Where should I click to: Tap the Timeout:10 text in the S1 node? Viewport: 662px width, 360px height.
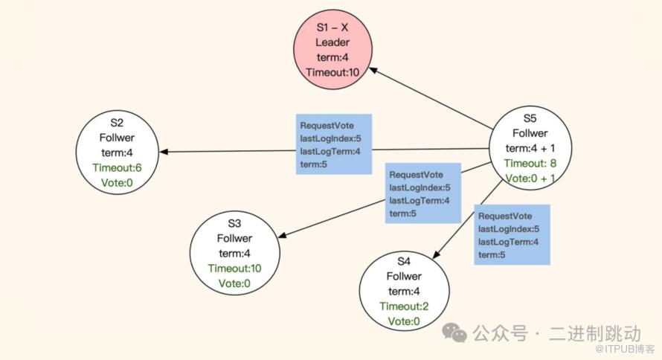tap(332, 71)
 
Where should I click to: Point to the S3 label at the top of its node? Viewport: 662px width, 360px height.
tap(234, 223)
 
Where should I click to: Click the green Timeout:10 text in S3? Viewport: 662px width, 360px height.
tap(234, 269)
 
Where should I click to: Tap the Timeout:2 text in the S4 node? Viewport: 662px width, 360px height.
tap(404, 306)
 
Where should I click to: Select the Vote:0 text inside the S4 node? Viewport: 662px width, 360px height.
tap(404, 321)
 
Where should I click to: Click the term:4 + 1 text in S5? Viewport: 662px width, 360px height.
tap(530, 147)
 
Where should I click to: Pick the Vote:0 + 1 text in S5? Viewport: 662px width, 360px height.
tap(530, 179)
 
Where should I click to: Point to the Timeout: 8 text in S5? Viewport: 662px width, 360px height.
tap(530, 163)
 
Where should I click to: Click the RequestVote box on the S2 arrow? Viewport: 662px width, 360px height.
tap(333, 144)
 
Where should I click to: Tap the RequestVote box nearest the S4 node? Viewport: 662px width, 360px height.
tap(512, 234)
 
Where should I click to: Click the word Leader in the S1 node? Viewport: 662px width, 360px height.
tap(332, 42)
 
